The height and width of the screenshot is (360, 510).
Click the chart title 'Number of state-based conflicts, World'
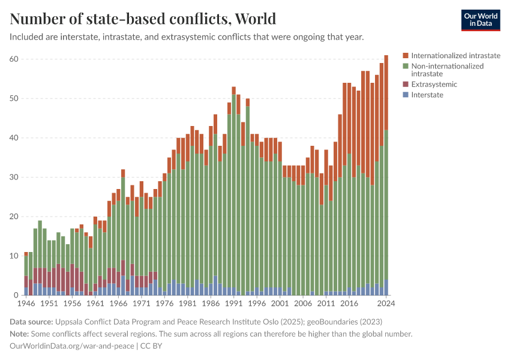(143, 19)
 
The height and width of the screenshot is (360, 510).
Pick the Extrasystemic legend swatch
(406, 85)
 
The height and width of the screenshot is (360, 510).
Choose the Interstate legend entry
(427, 95)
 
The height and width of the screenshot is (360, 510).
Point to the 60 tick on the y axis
(14, 59)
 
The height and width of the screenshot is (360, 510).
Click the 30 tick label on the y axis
(14, 177)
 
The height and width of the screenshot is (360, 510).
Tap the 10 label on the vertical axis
(14, 256)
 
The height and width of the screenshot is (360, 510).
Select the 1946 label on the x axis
(26, 304)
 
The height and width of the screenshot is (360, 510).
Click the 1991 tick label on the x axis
(234, 304)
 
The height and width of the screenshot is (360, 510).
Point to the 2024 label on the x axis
(385, 304)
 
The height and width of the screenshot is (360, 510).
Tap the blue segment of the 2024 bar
(386, 287)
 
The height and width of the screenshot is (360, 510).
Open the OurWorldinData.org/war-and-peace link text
(72, 346)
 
